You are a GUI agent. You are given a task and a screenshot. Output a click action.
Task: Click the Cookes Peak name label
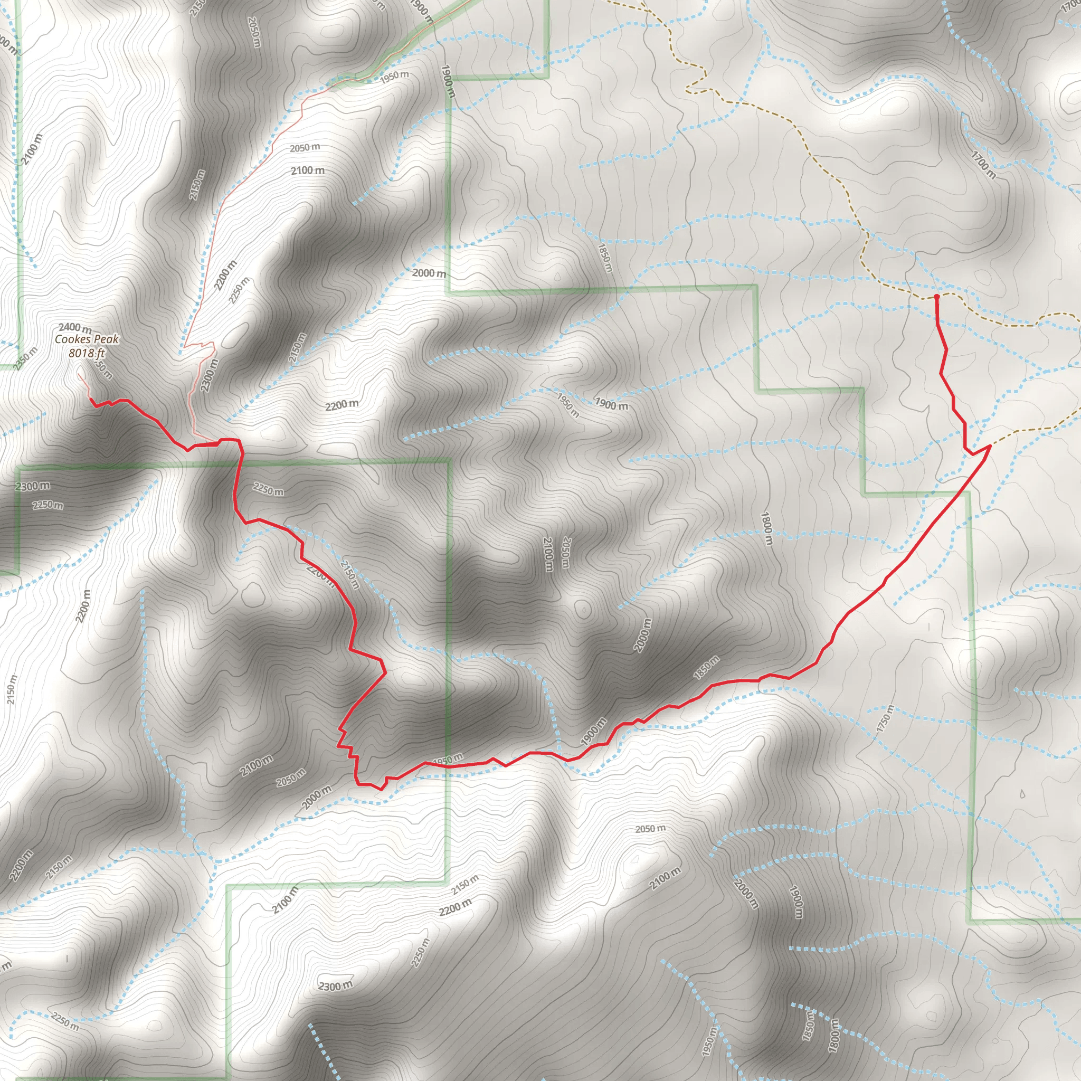coord(87,339)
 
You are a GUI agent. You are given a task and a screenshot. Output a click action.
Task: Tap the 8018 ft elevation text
coord(87,353)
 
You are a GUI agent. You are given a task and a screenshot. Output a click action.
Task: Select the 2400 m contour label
coord(75,327)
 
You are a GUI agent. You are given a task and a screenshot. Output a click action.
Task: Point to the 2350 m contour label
coord(26,358)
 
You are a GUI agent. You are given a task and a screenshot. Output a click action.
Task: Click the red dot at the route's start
coord(937,296)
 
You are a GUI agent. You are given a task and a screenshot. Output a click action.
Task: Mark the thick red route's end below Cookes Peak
coord(90,399)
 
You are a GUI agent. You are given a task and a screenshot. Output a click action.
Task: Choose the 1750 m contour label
coord(886,719)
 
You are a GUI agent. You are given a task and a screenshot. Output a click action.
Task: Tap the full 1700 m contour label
coord(983,165)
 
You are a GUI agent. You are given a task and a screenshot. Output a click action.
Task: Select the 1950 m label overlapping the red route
coord(448,761)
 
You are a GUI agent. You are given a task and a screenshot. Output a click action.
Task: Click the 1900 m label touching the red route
coord(594,732)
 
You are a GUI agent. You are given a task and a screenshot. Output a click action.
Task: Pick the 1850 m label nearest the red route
coord(706,668)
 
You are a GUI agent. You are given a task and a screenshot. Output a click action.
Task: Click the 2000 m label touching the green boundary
coord(429,273)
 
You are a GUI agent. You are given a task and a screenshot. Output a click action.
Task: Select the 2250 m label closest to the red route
coord(268,490)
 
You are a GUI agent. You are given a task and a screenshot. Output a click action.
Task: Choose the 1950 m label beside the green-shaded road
coord(394,77)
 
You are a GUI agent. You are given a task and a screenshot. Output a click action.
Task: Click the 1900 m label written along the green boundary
coord(447,82)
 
